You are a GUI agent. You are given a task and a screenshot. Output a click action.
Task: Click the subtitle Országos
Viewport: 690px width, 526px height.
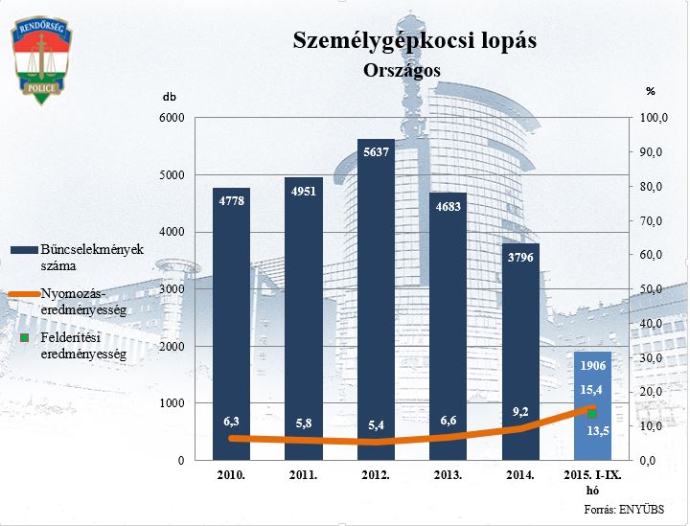tap(402, 70)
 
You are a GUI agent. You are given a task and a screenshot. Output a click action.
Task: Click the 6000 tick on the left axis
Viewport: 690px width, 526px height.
tap(170, 118)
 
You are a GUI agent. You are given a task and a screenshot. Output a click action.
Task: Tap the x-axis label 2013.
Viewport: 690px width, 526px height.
tap(448, 475)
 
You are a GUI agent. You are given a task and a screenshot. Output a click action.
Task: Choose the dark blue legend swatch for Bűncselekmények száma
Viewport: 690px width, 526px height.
tap(23, 249)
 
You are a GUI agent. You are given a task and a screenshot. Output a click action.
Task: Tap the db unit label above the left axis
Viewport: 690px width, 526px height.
tap(170, 97)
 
